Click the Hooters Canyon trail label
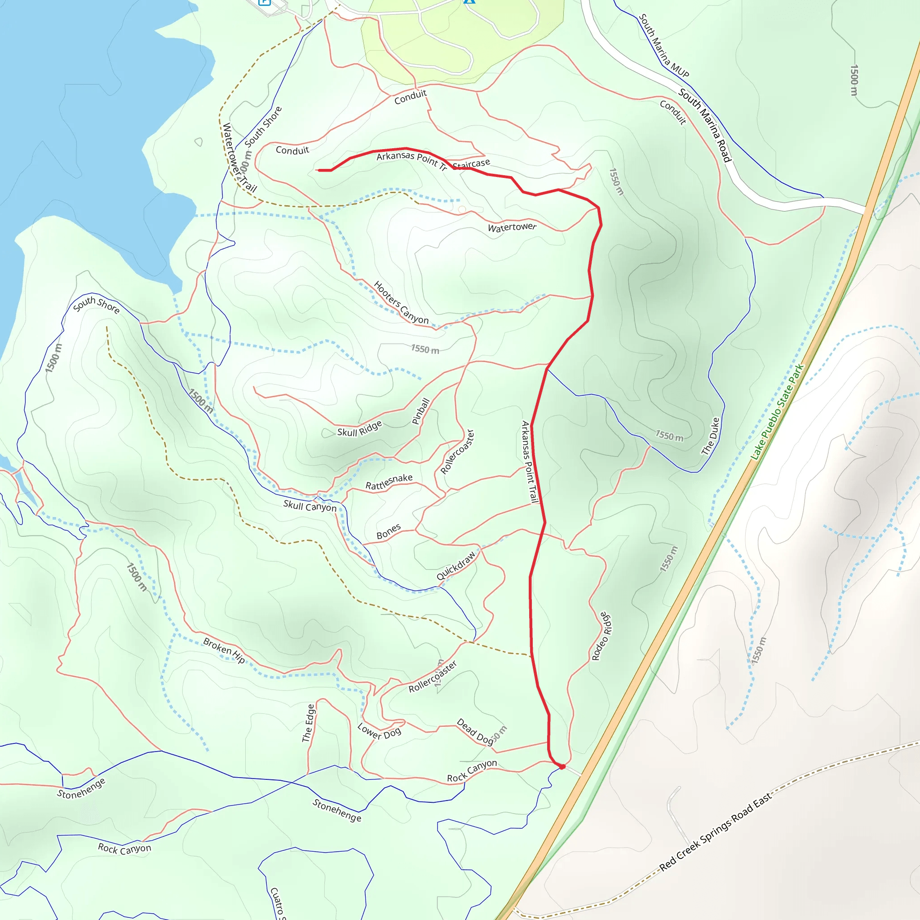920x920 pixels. (401, 302)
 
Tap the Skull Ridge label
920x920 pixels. (359, 429)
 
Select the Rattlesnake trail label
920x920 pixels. (389, 482)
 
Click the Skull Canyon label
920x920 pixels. (310, 506)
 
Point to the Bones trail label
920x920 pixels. (389, 532)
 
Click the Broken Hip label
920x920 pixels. (224, 650)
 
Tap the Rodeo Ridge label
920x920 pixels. (602, 636)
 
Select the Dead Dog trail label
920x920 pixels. (475, 731)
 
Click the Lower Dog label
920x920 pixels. (379, 731)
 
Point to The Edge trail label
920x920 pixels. (309, 723)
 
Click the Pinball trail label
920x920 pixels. (420, 411)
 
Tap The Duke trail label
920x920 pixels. (710, 436)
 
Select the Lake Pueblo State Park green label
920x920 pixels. (777, 412)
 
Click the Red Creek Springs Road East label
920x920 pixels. (715, 832)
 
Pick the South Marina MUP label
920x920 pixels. (663, 46)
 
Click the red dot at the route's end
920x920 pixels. (562, 767)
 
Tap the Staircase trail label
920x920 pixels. (471, 164)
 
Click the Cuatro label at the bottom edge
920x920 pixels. (277, 903)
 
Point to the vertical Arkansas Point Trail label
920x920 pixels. (530, 462)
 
